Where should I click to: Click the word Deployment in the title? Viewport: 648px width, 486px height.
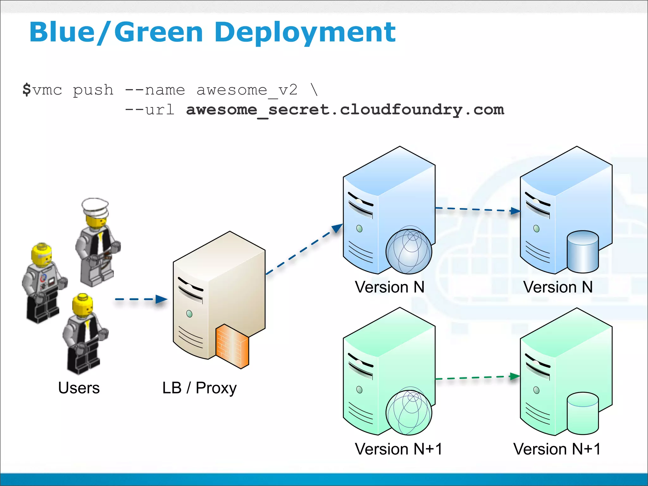coord(305,33)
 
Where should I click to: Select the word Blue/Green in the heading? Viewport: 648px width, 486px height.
coord(116,33)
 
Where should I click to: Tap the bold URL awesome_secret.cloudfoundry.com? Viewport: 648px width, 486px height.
coord(345,110)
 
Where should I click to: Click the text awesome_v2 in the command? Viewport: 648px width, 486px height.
coord(247,90)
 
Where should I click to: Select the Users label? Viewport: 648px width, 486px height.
coord(79,388)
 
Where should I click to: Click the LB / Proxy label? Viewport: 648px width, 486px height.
coord(199,388)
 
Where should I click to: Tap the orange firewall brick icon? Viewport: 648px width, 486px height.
coord(232,346)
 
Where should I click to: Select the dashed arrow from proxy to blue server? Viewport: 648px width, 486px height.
coord(304,249)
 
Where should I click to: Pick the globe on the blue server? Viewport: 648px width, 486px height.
coord(408,251)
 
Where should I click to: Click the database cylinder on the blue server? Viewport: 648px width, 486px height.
coord(583,252)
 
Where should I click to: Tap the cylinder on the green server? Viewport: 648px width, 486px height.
coord(583,413)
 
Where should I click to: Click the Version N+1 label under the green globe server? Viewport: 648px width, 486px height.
coord(398,449)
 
